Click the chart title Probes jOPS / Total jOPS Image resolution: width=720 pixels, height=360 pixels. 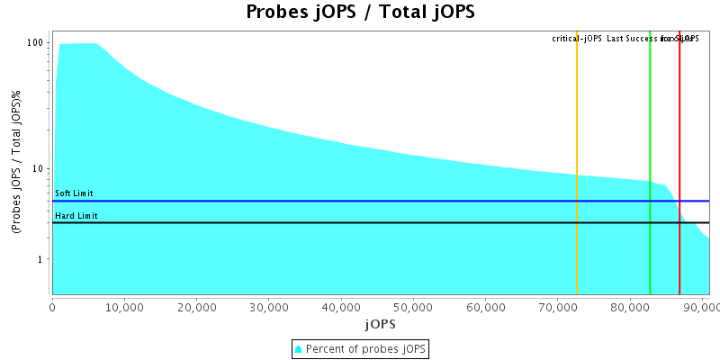(360, 13)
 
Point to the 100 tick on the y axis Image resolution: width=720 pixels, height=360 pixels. (36, 43)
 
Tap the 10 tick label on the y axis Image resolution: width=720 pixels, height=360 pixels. (39, 169)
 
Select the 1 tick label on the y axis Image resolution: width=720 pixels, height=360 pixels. (42, 260)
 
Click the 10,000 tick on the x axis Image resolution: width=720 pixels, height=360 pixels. (125, 307)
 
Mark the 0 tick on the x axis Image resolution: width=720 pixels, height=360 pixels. (53, 307)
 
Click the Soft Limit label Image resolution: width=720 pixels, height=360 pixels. (74, 193)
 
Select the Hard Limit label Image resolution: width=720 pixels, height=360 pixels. (76, 216)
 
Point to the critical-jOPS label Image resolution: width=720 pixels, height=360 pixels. (577, 39)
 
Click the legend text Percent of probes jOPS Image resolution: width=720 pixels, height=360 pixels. (365, 348)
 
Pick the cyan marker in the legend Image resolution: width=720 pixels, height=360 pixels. (299, 348)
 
